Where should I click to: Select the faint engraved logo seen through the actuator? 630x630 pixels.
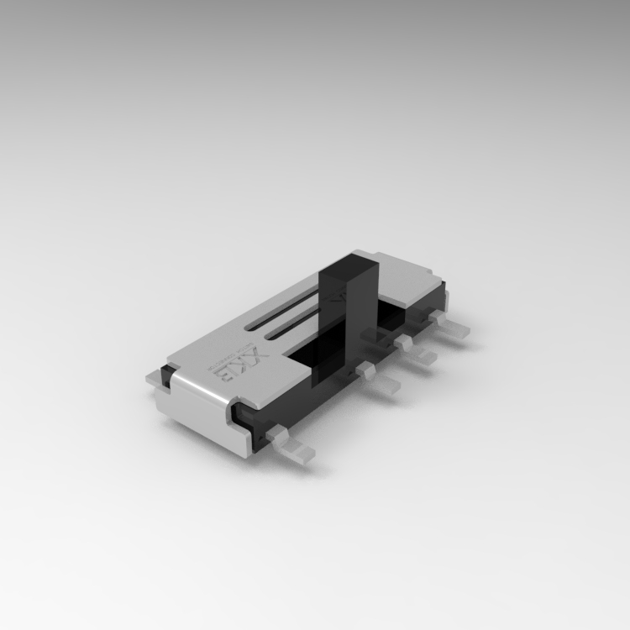coord(337,296)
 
